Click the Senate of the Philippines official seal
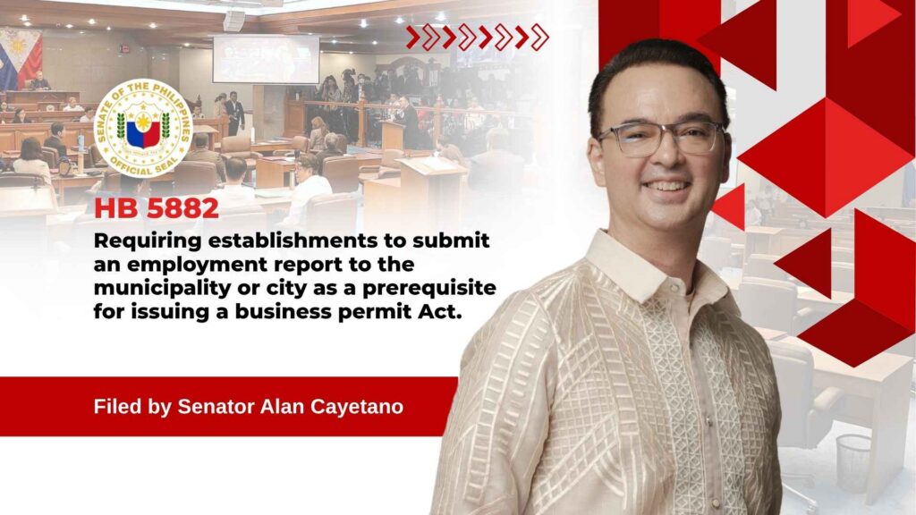pos(143,129)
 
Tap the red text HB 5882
pos(157,209)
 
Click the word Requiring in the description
pos(148,241)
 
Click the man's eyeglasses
pos(660,139)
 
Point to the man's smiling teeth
pos(666,187)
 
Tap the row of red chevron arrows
pos(478,38)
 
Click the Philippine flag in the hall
pos(21,58)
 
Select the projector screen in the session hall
pos(266,59)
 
